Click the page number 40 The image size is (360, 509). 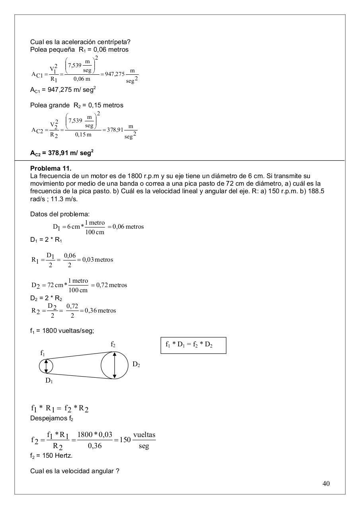click(326, 484)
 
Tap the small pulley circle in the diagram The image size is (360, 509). click(46, 366)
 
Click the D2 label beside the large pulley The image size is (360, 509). click(136, 365)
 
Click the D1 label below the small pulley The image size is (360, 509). click(49, 381)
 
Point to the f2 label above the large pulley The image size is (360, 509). click(113, 344)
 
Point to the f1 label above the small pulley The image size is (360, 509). click(43, 353)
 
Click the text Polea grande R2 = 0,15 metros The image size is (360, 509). click(77, 105)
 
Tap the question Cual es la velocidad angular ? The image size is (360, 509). click(75, 471)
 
